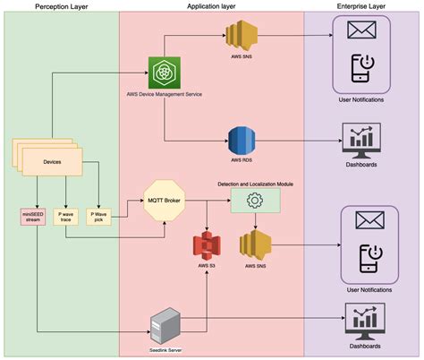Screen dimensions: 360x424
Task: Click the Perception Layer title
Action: [x=60, y=6]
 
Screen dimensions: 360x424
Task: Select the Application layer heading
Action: [x=212, y=6]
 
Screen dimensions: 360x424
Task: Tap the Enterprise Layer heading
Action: [x=362, y=6]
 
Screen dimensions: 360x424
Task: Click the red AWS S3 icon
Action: [x=208, y=244]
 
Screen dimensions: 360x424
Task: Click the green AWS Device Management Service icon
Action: [x=164, y=72]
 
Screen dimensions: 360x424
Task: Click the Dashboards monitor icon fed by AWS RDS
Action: [x=362, y=139]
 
